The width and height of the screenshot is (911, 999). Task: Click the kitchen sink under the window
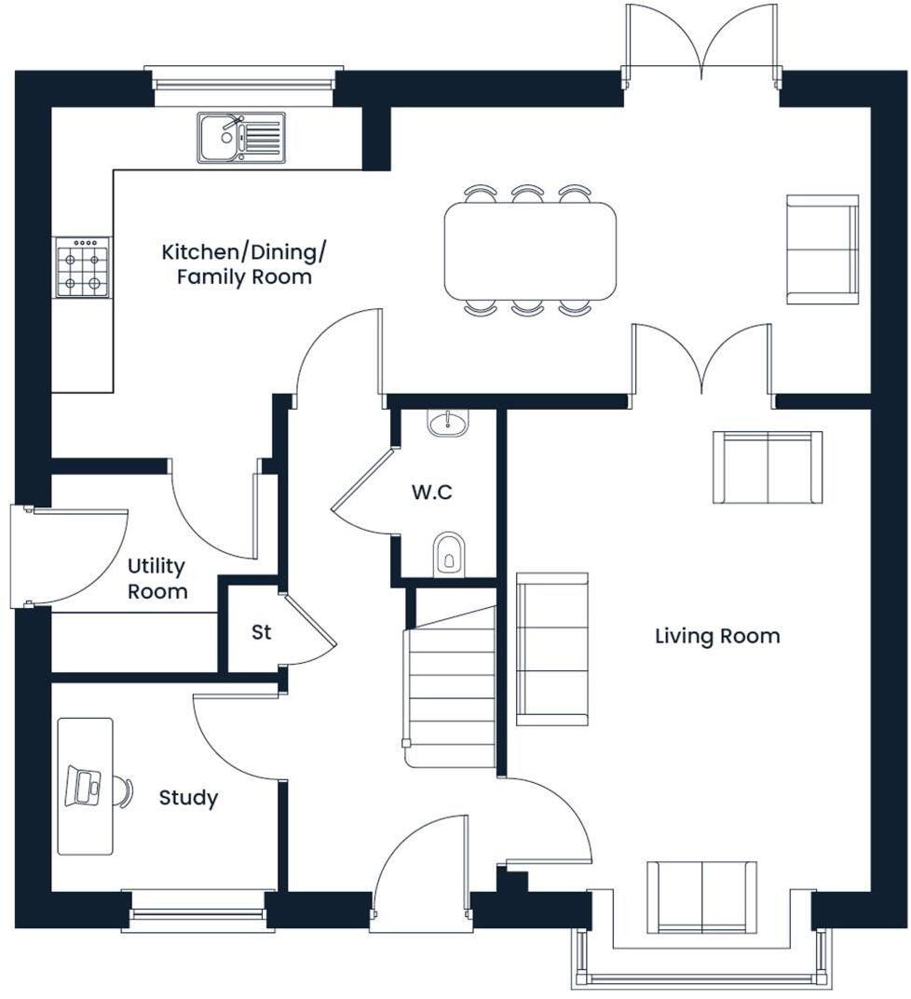240,138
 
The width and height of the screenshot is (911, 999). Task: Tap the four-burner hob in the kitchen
82,267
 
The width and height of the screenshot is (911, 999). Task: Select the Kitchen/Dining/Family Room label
244,264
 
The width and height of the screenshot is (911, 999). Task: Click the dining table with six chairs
530,251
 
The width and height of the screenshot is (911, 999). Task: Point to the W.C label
432,493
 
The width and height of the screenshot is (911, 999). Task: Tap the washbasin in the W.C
449,425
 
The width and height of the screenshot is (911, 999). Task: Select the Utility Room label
156,578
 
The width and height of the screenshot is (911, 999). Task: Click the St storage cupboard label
261,632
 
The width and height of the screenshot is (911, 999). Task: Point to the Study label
188,798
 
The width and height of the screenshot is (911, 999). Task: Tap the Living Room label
716,637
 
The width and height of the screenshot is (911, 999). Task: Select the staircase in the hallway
452,684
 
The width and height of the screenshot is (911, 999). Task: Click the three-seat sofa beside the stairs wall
552,649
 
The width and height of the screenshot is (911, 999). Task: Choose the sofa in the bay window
701,897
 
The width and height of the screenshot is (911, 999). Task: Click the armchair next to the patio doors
822,249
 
